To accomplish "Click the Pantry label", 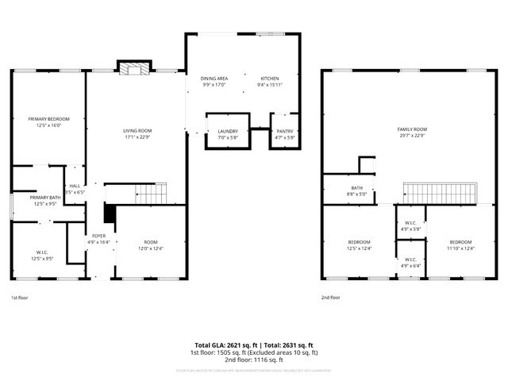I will click(x=285, y=133).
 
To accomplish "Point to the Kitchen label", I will click(x=271, y=79).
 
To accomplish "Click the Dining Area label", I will click(x=214, y=79).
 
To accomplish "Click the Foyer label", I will click(x=98, y=236).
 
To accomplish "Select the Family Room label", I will click(x=412, y=129).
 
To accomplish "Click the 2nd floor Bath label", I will click(x=356, y=188).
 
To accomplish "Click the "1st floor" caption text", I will click(x=20, y=298).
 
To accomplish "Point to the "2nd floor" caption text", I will click(x=331, y=298).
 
